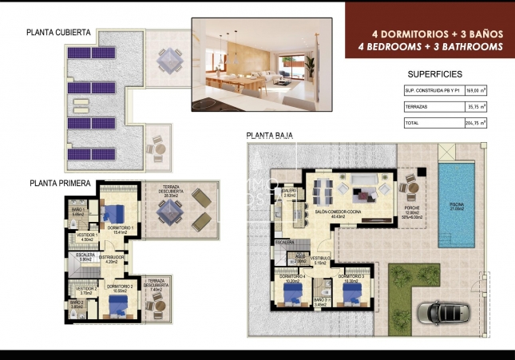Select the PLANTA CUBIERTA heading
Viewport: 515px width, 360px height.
point(58,34)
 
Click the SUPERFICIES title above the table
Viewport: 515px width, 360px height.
point(435,73)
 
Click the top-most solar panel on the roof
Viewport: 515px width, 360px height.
point(81,53)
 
